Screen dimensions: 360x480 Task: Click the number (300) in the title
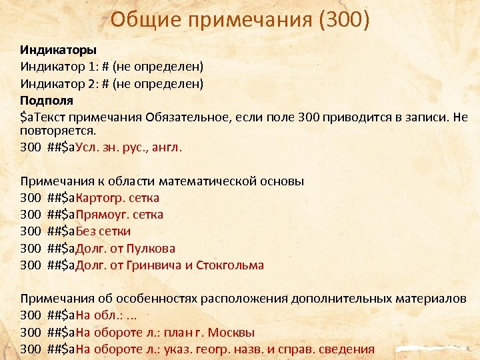click(x=344, y=20)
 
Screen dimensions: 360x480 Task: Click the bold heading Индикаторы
click(x=58, y=50)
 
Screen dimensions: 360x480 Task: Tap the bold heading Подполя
click(x=47, y=100)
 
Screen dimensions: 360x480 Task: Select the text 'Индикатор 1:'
click(x=57, y=67)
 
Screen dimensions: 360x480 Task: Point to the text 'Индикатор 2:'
click(x=57, y=83)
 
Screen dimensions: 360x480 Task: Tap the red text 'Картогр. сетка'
click(x=117, y=198)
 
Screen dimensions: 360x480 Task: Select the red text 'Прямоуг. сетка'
click(x=119, y=215)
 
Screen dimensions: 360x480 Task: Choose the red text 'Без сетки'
click(x=103, y=231)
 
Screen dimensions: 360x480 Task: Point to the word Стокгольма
click(x=230, y=265)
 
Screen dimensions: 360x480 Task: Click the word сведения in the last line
click(x=346, y=349)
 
